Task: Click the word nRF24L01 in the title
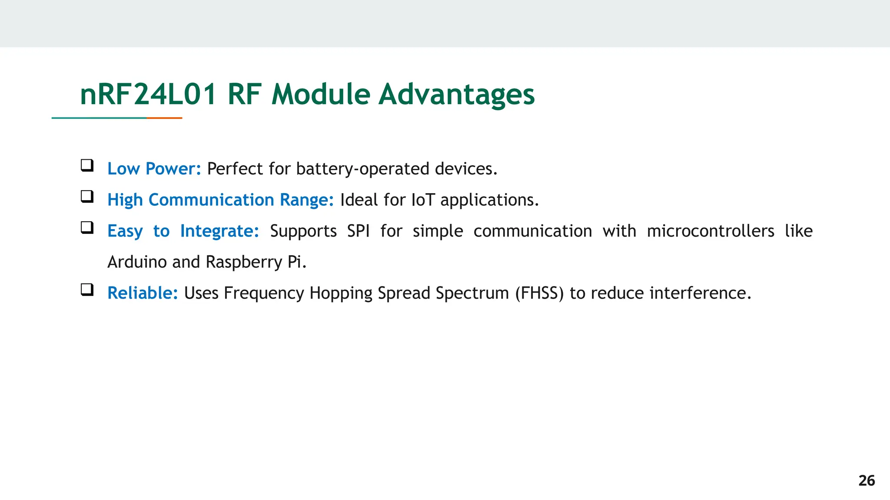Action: pyautogui.click(x=148, y=94)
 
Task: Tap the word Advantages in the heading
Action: pyautogui.click(x=456, y=94)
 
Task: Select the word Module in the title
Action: pyautogui.click(x=321, y=94)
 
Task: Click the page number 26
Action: pyautogui.click(x=867, y=480)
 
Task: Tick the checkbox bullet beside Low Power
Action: pyautogui.click(x=87, y=165)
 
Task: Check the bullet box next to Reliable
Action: pyautogui.click(x=87, y=289)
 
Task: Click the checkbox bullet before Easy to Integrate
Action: pyautogui.click(x=87, y=227)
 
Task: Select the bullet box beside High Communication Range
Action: pyautogui.click(x=87, y=197)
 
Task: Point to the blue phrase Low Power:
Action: pyautogui.click(x=154, y=169)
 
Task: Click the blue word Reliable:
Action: pyautogui.click(x=143, y=293)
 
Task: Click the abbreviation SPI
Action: pyautogui.click(x=358, y=231)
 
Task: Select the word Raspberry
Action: pyautogui.click(x=244, y=262)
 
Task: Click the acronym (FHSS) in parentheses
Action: pyautogui.click(x=539, y=293)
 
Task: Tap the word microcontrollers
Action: pyautogui.click(x=710, y=231)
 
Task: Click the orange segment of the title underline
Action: pyautogui.click(x=164, y=118)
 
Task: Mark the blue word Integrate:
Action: pyautogui.click(x=219, y=231)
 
